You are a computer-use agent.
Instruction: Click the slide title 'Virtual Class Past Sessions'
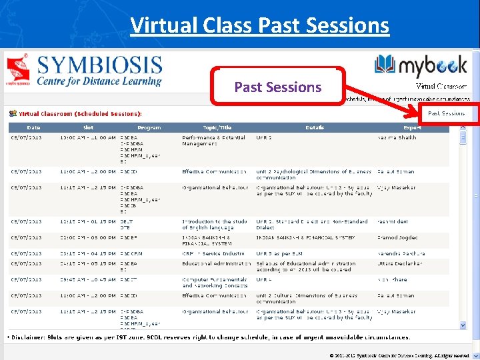point(259,25)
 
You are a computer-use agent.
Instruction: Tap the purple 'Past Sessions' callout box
point(277,87)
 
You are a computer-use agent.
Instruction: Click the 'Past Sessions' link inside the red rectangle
point(446,113)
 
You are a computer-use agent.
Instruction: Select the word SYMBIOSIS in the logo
point(100,66)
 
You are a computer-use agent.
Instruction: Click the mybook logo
point(421,67)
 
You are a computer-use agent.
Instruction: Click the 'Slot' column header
point(88,127)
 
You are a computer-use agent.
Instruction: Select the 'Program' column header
point(149,127)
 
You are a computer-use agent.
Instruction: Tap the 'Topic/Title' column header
point(217,127)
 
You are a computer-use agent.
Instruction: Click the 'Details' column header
point(315,127)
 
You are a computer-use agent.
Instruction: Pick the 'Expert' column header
point(412,127)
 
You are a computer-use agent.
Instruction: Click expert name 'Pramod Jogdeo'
point(397,237)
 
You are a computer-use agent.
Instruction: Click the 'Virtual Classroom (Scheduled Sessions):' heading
point(80,114)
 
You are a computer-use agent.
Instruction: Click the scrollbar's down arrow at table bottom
point(463,325)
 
